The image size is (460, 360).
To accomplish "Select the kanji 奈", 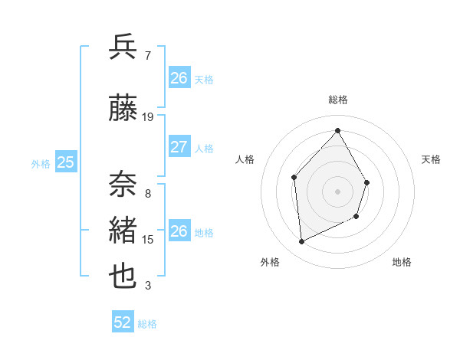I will point(123,185).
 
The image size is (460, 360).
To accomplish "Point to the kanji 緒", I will point(123,231).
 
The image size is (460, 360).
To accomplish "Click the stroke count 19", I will point(148,117).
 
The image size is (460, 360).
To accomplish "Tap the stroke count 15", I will point(148,240).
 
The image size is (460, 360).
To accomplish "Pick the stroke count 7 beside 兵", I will point(147,56).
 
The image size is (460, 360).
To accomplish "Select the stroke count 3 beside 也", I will point(147,286).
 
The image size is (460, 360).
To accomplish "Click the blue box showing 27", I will point(179,147).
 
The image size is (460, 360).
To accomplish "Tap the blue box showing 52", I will point(123,322).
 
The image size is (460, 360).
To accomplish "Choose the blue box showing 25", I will point(65,162).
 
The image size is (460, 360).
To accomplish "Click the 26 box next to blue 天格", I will point(179,77).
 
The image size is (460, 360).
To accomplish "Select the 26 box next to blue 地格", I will point(179,231).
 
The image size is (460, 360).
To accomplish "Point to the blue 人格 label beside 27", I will point(204,148).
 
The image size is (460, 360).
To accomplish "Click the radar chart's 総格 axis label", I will point(337,100).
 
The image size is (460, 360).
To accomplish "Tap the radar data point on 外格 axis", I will point(301,242).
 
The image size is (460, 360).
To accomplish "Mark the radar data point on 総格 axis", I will point(337,131).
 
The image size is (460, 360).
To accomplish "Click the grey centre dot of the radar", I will point(337,191).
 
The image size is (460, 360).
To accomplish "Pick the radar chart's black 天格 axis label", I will point(432,159).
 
